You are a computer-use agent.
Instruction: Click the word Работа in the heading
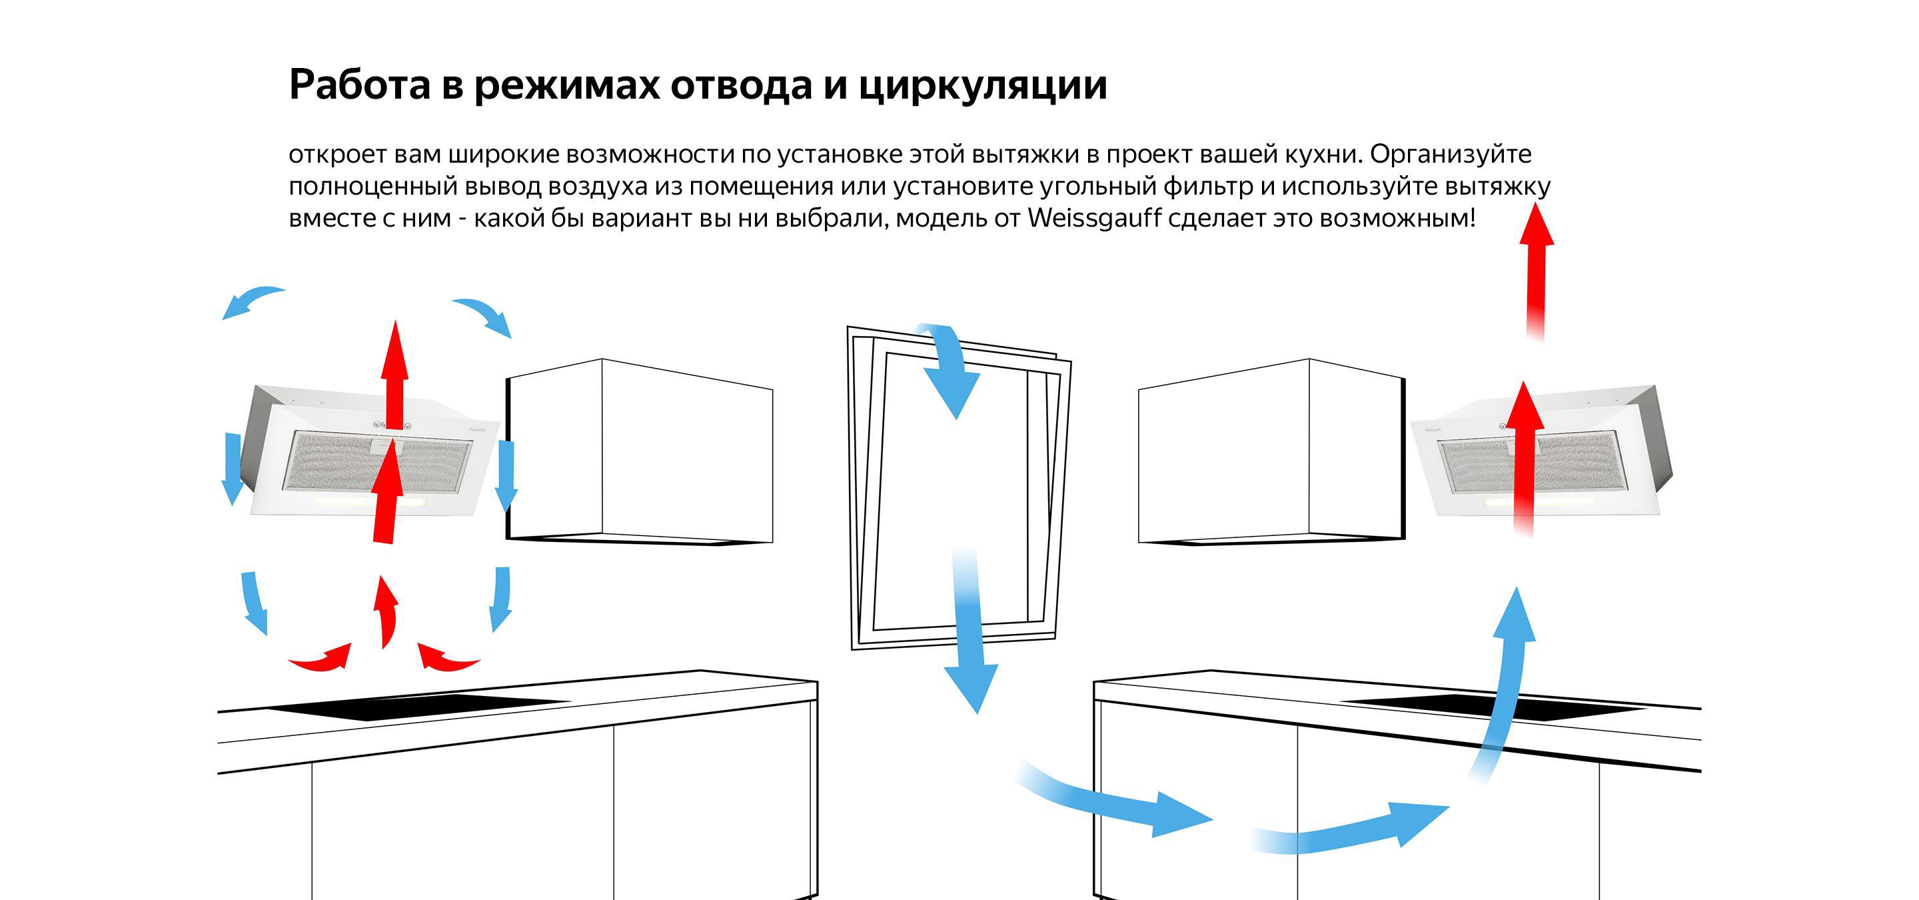[360, 85]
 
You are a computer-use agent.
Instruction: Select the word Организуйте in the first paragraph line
[1451, 154]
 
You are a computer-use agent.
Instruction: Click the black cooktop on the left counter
[417, 705]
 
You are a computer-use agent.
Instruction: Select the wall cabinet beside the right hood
[1270, 451]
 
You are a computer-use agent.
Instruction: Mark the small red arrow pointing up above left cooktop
[386, 611]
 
